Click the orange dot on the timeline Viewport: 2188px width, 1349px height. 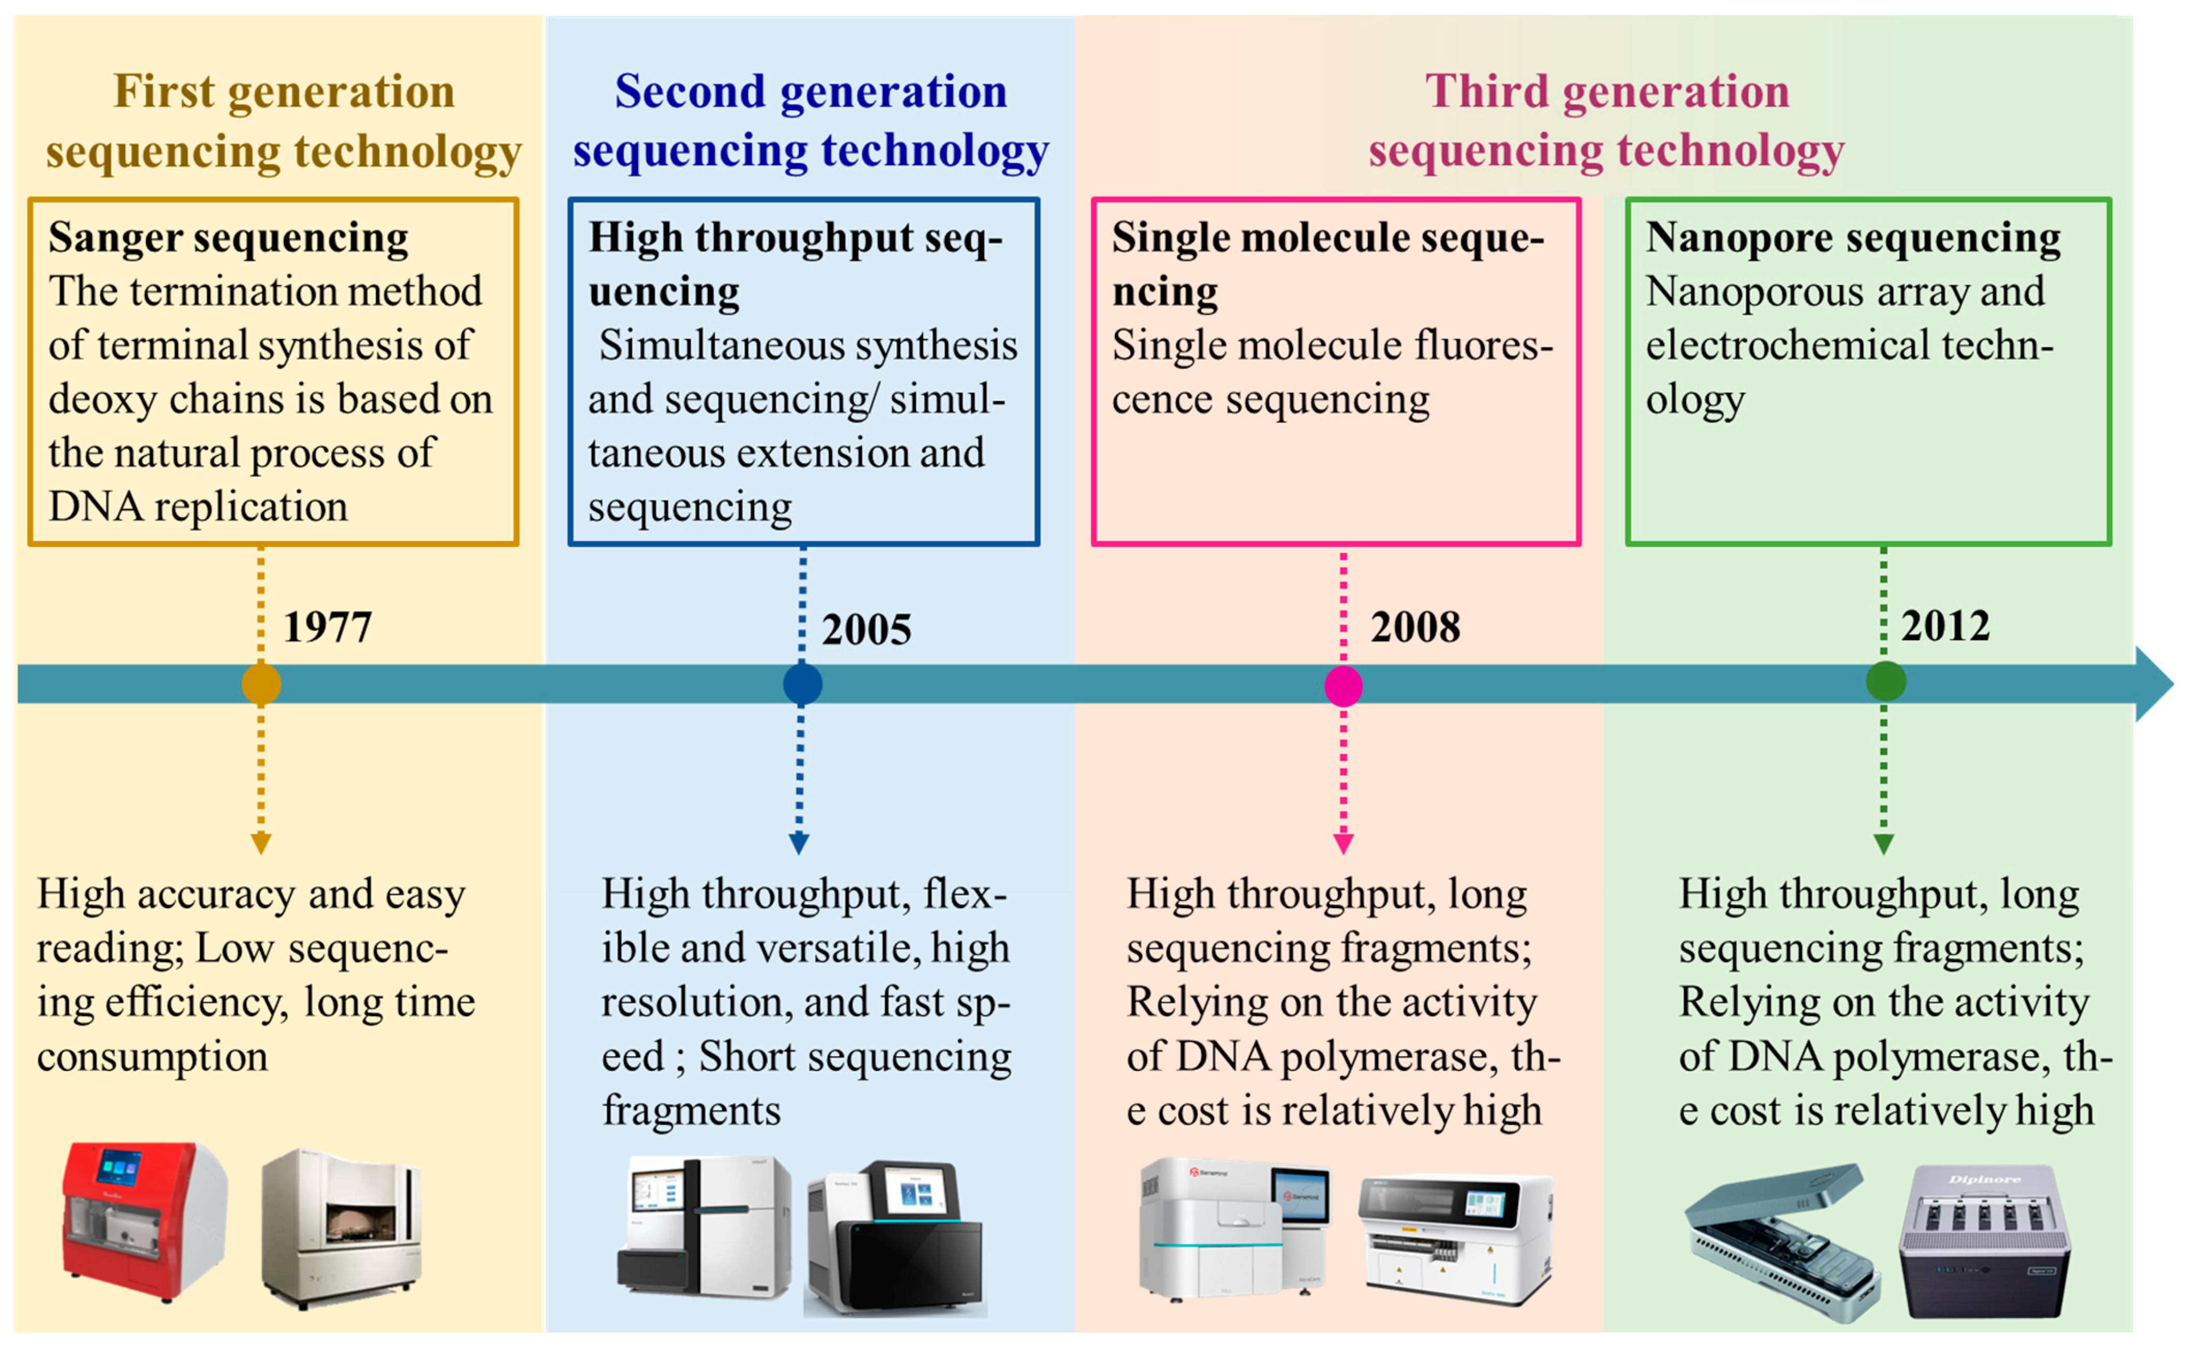[261, 684]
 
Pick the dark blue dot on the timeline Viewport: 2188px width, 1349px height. [802, 684]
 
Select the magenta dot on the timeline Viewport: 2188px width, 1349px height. [1343, 685]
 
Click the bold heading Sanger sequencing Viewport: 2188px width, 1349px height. [229, 238]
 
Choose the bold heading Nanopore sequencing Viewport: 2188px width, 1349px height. [1853, 238]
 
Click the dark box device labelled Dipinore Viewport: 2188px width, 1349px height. [1985, 1240]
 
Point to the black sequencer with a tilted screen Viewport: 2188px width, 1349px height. [895, 1236]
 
